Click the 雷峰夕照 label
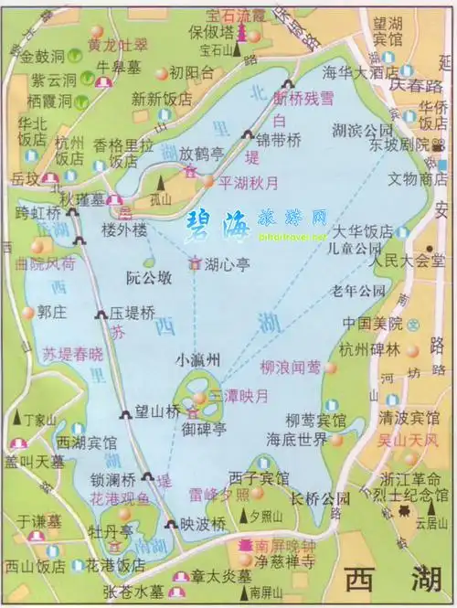click(218, 495)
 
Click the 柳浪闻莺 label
click(290, 368)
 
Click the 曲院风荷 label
click(46, 264)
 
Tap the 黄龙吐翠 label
click(116, 43)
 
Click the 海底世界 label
click(296, 440)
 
